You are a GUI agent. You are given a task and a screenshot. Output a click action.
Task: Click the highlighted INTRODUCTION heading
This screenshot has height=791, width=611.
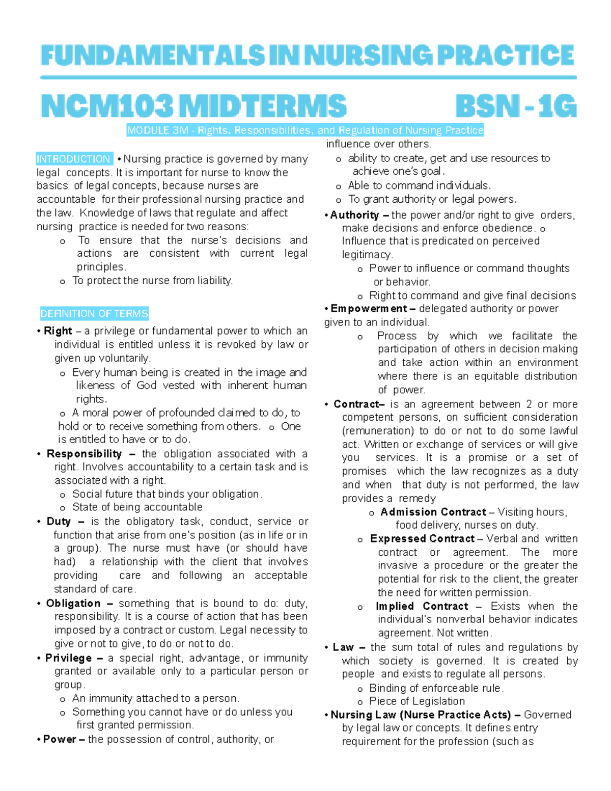[x=73, y=159]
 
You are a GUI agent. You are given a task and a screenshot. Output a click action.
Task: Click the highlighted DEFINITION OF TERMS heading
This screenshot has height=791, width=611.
[x=94, y=314]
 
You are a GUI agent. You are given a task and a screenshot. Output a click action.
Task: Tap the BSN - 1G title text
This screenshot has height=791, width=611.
[x=516, y=106]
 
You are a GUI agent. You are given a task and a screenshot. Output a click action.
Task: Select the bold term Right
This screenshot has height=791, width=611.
[x=58, y=331]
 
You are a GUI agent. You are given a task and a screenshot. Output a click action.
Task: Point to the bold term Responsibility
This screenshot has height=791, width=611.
[x=84, y=454]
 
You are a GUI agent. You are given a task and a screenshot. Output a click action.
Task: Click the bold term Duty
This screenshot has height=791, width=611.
[x=59, y=522]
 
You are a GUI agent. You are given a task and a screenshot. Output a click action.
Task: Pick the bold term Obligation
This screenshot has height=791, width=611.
[x=73, y=604]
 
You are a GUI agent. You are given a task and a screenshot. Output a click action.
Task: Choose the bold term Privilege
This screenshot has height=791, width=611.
[x=68, y=658]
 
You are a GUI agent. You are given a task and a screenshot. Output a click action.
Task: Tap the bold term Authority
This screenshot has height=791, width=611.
[x=354, y=215]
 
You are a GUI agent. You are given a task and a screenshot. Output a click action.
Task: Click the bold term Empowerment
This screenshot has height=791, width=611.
[x=369, y=309]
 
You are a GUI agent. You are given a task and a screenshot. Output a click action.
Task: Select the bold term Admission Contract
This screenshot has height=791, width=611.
[x=433, y=512]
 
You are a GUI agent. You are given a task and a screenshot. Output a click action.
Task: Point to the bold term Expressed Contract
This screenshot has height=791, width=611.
[x=422, y=539]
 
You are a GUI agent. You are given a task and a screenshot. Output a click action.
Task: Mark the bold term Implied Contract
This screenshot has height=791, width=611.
[x=422, y=606]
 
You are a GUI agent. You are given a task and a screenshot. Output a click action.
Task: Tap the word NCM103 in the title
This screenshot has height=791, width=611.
[x=106, y=106]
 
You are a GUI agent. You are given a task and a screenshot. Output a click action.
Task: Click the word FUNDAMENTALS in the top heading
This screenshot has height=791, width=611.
[x=152, y=56]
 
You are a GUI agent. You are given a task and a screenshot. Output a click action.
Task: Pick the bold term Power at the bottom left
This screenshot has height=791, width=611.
[x=60, y=740]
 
